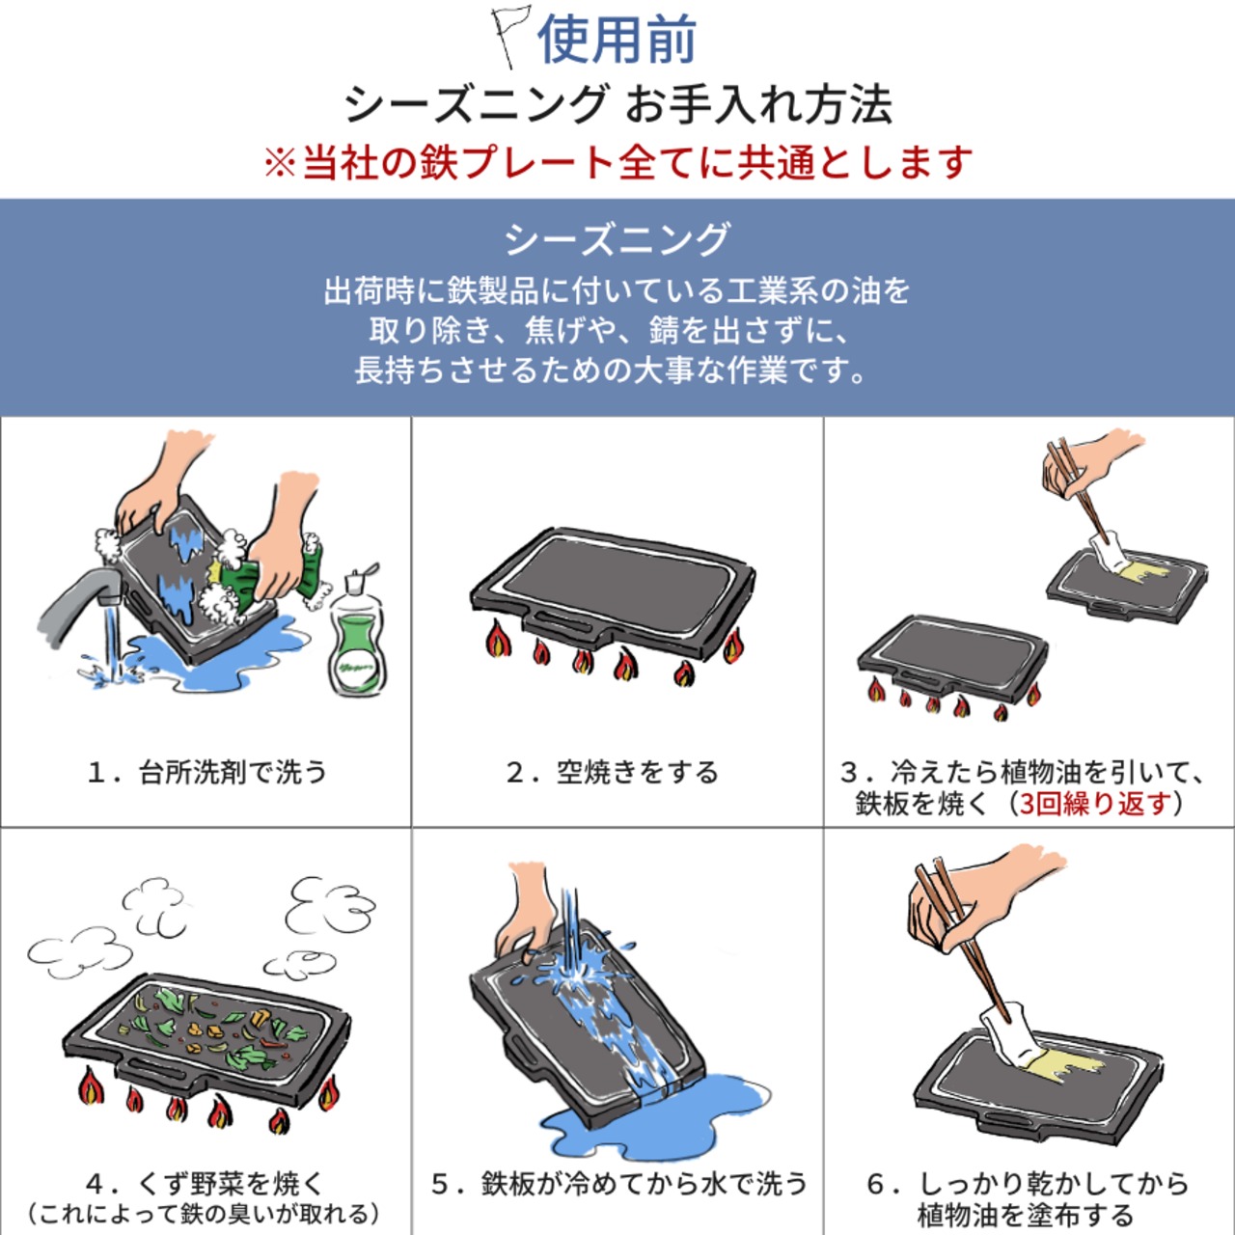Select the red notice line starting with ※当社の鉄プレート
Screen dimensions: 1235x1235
(x=617, y=162)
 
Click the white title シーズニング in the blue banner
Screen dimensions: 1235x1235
(x=617, y=239)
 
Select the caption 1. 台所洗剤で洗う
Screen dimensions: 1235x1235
(x=206, y=773)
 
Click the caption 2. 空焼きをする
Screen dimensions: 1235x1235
(x=613, y=773)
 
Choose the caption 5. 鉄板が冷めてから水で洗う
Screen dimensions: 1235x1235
(x=618, y=1184)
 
